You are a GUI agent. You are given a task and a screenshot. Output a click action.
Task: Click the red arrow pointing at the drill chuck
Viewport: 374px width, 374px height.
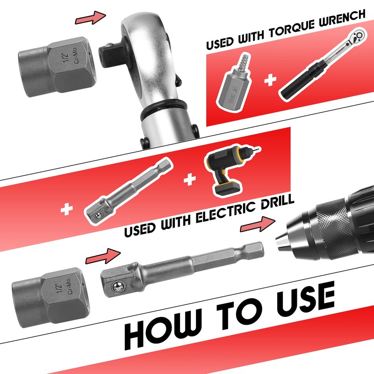pyautogui.click(x=256, y=224)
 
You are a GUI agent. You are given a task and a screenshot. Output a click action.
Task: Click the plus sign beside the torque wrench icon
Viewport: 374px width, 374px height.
pyautogui.click(x=269, y=80)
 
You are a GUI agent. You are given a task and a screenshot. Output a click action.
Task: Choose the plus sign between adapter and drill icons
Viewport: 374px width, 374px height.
pyautogui.click(x=189, y=180)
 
